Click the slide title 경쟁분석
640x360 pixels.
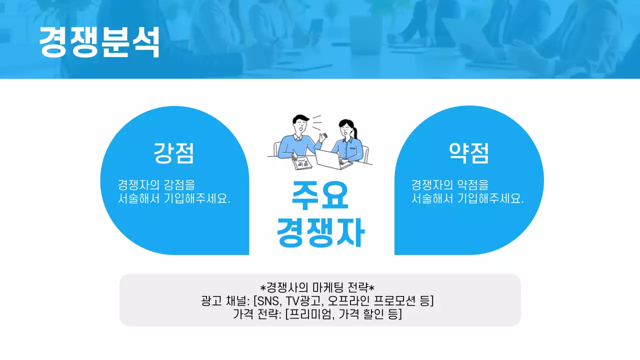point(99,42)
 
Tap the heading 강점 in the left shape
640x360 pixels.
point(173,153)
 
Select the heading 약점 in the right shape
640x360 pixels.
point(468,153)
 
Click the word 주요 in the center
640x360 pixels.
point(320,196)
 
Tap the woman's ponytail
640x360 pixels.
point(356,132)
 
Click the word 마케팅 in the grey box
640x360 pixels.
point(328,288)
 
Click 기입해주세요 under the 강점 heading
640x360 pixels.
point(197,198)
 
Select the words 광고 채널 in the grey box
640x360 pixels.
point(223,301)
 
